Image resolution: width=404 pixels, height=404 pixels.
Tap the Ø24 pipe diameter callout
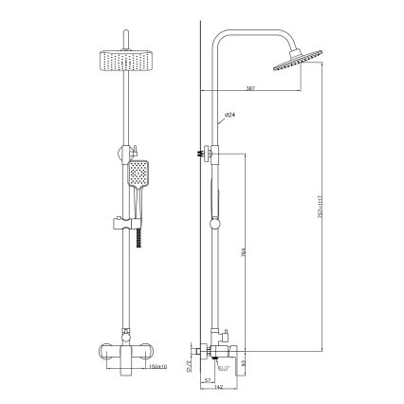tap(230, 115)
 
